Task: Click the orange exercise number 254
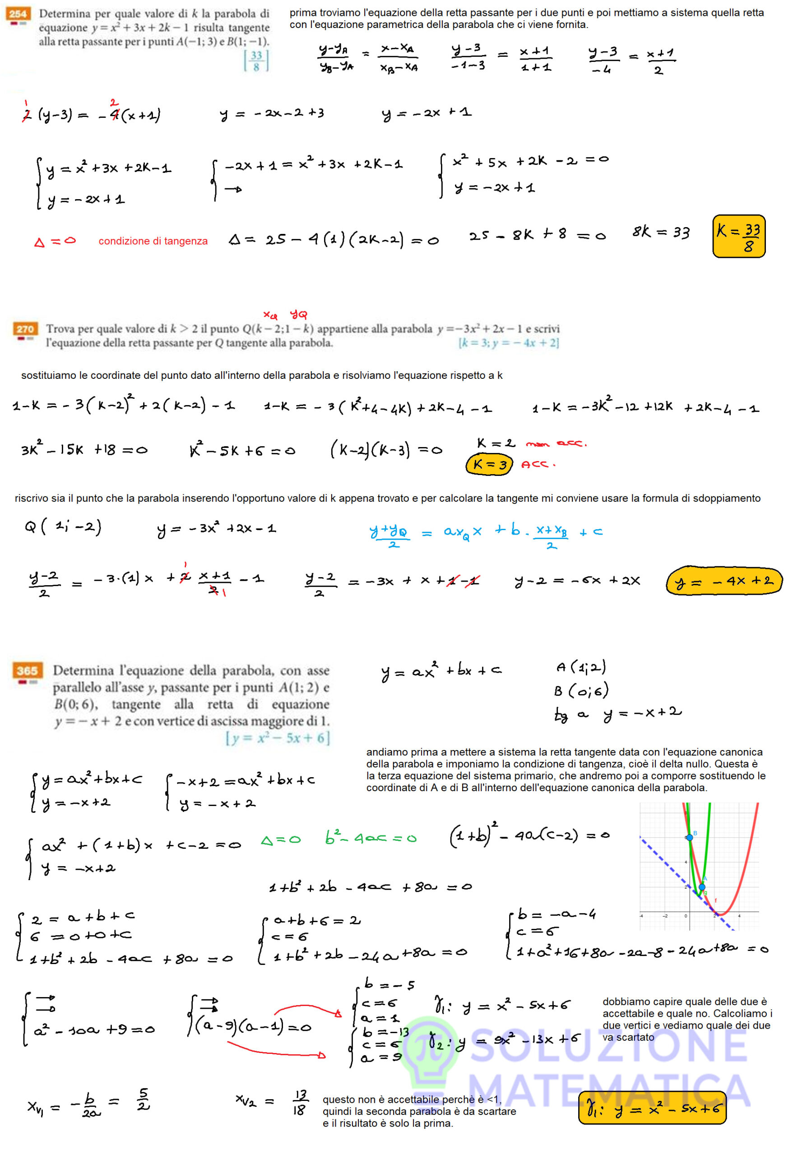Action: pyautogui.click(x=18, y=14)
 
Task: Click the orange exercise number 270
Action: pyautogui.click(x=25, y=329)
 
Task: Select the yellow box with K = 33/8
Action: pyautogui.click(x=738, y=236)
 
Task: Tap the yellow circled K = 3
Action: pyautogui.click(x=489, y=465)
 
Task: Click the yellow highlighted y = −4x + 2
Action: pyautogui.click(x=723, y=581)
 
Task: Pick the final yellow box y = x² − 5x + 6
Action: pyautogui.click(x=652, y=1108)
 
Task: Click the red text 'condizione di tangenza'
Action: pyautogui.click(x=153, y=241)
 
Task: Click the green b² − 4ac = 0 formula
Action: pyautogui.click(x=371, y=838)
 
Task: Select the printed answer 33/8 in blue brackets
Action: pyautogui.click(x=256, y=61)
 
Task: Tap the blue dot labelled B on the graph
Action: pyautogui.click(x=690, y=837)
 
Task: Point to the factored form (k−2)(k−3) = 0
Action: pyautogui.click(x=385, y=450)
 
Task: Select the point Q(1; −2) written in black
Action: pyautogui.click(x=63, y=526)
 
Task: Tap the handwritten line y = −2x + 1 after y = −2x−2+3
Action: pyautogui.click(x=426, y=113)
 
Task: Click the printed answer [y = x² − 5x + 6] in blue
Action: pyautogui.click(x=278, y=738)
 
